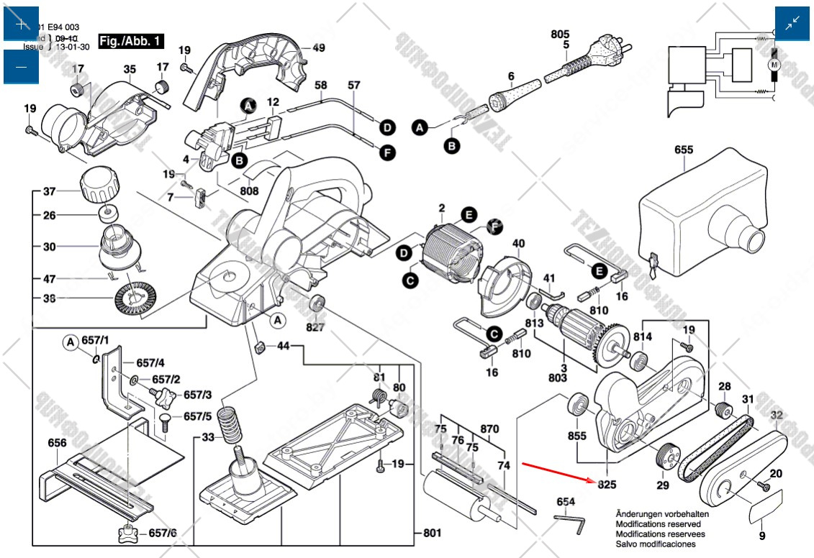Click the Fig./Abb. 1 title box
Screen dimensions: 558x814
[131, 41]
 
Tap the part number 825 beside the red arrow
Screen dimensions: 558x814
[607, 485]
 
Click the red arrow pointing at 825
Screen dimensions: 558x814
[557, 472]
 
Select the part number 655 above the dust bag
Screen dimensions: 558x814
[684, 150]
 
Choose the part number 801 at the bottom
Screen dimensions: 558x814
[432, 533]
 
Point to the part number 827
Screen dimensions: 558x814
[315, 327]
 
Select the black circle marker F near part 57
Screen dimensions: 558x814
[387, 152]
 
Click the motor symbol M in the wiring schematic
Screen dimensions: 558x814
[774, 65]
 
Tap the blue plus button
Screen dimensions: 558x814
[20, 24]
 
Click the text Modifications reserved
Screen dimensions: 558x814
[652, 524]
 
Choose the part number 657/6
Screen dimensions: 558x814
[163, 533]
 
